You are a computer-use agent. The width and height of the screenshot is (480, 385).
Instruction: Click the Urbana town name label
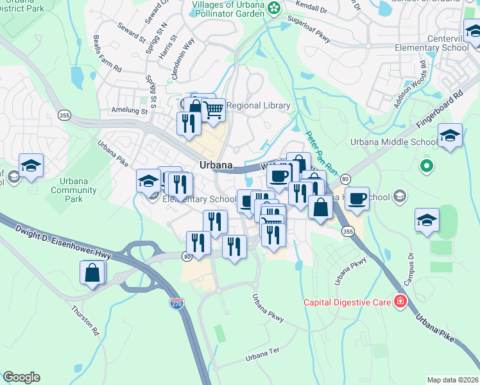(215, 165)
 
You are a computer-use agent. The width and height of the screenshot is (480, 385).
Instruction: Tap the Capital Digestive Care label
(348, 301)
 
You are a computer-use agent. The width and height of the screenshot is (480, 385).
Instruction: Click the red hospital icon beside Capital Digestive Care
(400, 301)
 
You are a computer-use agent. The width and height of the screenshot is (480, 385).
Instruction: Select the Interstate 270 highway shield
(177, 303)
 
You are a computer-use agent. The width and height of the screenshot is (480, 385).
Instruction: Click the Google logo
(21, 377)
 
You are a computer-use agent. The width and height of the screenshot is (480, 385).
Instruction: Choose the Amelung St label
(130, 111)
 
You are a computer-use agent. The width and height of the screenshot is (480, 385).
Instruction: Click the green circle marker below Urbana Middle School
(425, 167)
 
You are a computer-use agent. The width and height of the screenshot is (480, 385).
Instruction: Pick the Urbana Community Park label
(69, 190)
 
